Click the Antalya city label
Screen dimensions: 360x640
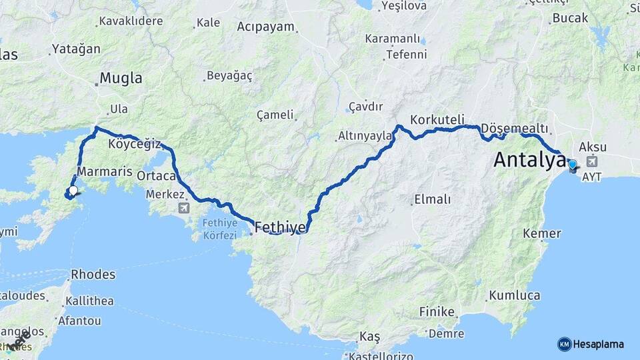click(525, 160)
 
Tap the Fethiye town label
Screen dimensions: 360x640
click(279, 227)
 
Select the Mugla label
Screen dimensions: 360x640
click(120, 79)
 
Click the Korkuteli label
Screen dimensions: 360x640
click(437, 119)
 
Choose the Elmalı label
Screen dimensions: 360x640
click(433, 199)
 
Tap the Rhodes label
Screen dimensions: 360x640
click(93, 274)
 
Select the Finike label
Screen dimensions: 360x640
click(437, 311)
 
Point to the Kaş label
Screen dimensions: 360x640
click(369, 335)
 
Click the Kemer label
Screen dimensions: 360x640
click(541, 233)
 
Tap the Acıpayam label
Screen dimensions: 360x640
click(265, 27)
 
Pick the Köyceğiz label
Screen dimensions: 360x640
click(135, 143)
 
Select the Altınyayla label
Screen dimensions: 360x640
click(365, 135)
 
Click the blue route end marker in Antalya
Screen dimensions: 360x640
click(572, 164)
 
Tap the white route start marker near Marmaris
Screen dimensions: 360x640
click(73, 191)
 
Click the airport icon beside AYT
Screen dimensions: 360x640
click(593, 161)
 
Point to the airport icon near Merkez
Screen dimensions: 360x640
click(183, 208)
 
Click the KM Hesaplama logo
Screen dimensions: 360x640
click(590, 344)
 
